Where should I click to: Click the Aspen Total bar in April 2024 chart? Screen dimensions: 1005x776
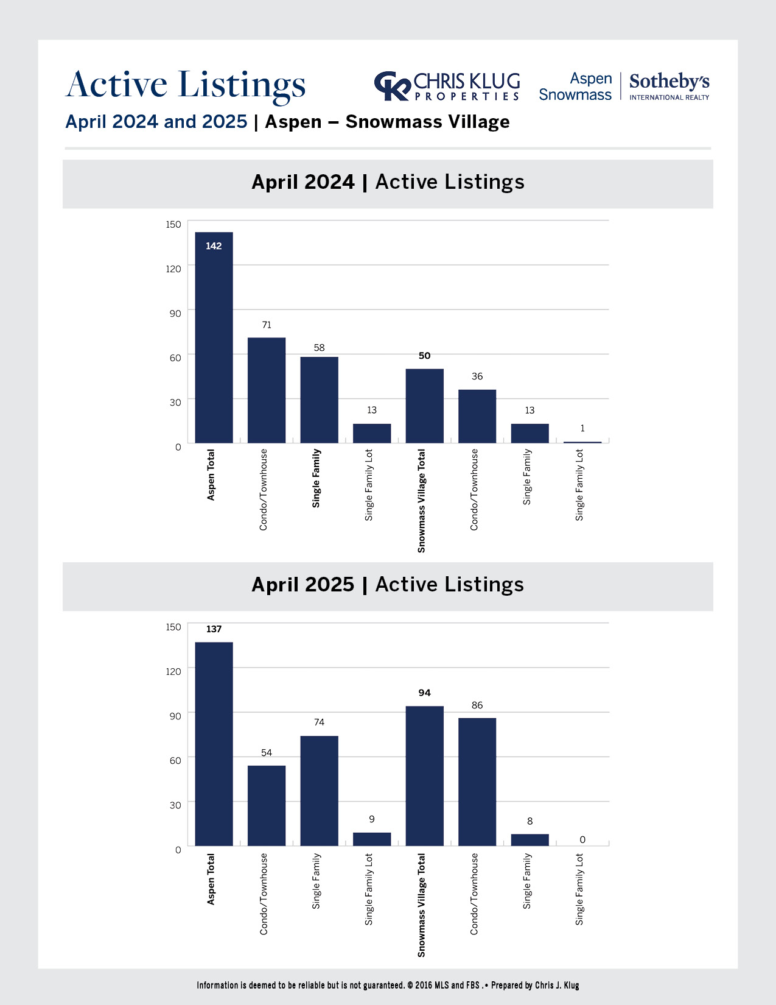[214, 337]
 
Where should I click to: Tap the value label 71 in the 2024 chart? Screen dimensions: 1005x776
[267, 325]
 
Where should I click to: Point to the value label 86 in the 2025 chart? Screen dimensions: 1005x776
[477, 705]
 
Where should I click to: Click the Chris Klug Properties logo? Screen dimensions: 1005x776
[447, 86]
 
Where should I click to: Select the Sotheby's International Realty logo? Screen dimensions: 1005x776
[669, 86]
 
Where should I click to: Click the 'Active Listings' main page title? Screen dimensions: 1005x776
[186, 85]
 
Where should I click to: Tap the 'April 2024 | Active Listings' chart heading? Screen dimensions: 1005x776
[388, 182]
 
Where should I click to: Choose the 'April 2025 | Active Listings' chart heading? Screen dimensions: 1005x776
[388, 585]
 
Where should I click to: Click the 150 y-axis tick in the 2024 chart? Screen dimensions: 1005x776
[173, 225]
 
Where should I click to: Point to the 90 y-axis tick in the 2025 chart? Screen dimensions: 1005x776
[175, 716]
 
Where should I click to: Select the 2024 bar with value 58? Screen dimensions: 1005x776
[319, 400]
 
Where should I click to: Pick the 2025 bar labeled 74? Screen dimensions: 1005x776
[319, 791]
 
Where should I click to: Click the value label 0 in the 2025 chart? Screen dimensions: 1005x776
[582, 840]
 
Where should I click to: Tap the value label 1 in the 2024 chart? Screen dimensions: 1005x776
[582, 429]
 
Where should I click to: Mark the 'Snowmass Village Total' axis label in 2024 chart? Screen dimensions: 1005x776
[421, 501]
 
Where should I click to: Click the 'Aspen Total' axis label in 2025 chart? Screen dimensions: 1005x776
[211, 879]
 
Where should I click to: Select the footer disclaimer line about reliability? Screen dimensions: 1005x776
[388, 986]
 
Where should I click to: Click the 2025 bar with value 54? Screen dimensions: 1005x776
[267, 805]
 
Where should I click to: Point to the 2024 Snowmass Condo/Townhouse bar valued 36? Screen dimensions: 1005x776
[477, 416]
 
